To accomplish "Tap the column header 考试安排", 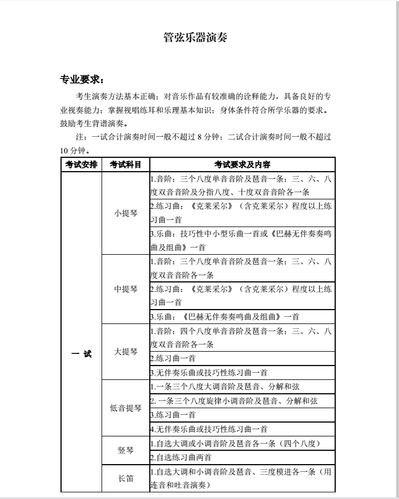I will tap(81, 164).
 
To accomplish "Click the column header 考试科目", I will tap(125, 164).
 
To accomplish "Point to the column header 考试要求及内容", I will tap(243, 164).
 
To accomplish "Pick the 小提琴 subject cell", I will tap(125, 213).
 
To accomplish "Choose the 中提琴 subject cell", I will tap(125, 289).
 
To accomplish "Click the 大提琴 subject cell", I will tap(125, 352).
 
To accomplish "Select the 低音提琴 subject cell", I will tap(125, 408).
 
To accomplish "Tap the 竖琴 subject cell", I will tap(125, 450).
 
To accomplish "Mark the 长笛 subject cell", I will tap(125, 479).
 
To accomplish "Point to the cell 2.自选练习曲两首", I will tap(181, 457).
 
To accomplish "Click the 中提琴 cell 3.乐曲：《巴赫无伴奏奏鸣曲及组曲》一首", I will tap(225, 317).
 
